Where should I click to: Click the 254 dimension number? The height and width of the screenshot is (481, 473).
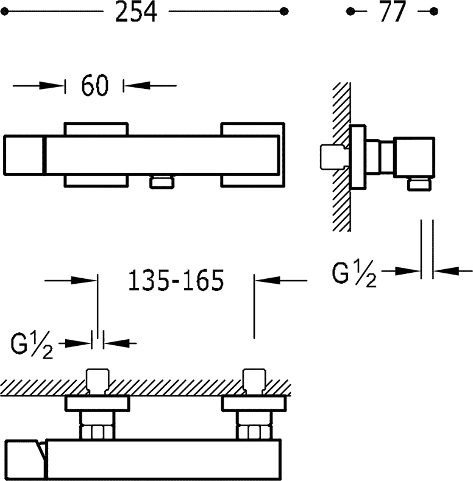click(136, 12)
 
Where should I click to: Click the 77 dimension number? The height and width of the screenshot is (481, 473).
click(393, 12)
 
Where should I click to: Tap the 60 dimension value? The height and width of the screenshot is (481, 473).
click(94, 85)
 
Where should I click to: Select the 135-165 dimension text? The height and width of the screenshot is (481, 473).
click(176, 280)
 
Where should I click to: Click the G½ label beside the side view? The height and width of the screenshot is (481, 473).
click(354, 273)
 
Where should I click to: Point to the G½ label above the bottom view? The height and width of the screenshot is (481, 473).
click(32, 345)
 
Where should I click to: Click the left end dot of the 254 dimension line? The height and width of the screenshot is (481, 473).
click(4, 12)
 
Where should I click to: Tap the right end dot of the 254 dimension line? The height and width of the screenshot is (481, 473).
click(285, 12)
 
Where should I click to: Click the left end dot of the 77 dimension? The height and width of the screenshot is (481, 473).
click(350, 12)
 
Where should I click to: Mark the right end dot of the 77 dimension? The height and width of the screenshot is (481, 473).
click(434, 12)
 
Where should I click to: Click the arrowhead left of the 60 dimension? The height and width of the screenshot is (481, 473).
click(51, 86)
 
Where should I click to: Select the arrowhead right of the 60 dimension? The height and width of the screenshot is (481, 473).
click(137, 86)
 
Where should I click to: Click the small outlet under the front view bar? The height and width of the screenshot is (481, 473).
click(162, 182)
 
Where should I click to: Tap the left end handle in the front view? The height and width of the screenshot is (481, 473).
click(24, 155)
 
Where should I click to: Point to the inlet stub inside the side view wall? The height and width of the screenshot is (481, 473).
click(334, 156)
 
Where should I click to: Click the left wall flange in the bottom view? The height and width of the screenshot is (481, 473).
click(98, 404)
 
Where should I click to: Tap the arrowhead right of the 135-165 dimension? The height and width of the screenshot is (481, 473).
click(268, 280)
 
